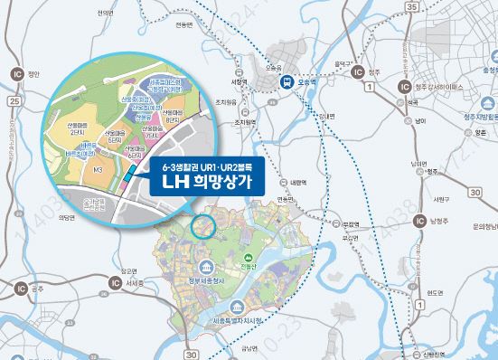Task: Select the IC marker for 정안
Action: tap(14, 71)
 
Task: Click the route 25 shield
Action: tap(14, 101)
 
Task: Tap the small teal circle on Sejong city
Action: tap(203, 223)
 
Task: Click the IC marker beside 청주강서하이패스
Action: tap(358, 71)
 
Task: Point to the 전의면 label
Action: tap(107, 13)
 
